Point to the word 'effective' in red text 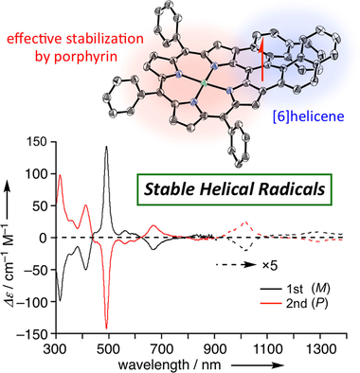click(x=33, y=39)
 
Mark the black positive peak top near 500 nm click(x=107, y=147)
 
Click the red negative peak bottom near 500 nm click(x=107, y=327)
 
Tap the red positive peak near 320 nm click(x=60, y=175)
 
